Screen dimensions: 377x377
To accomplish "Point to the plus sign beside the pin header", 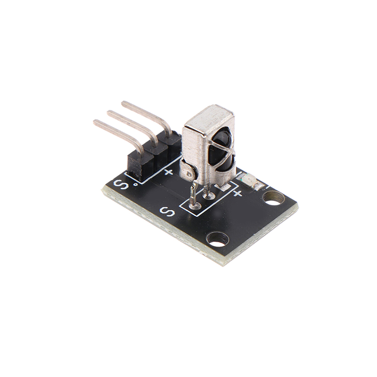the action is tap(169, 172).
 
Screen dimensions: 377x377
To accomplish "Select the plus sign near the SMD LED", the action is tap(238, 193).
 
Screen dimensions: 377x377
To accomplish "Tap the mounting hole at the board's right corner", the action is tap(274, 197).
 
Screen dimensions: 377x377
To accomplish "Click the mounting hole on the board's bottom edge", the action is tap(217, 239).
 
